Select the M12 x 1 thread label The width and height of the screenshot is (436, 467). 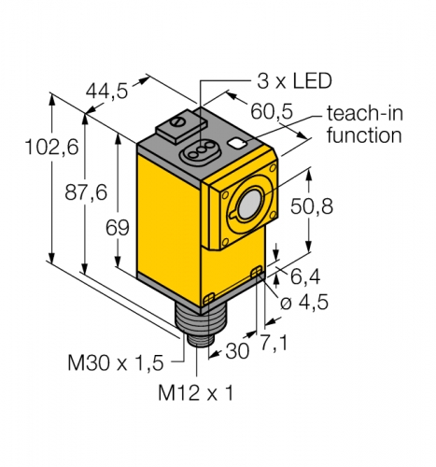(194, 393)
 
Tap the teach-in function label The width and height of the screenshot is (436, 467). (363, 125)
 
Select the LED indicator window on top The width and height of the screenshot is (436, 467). (203, 147)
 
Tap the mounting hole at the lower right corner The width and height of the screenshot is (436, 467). (258, 272)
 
